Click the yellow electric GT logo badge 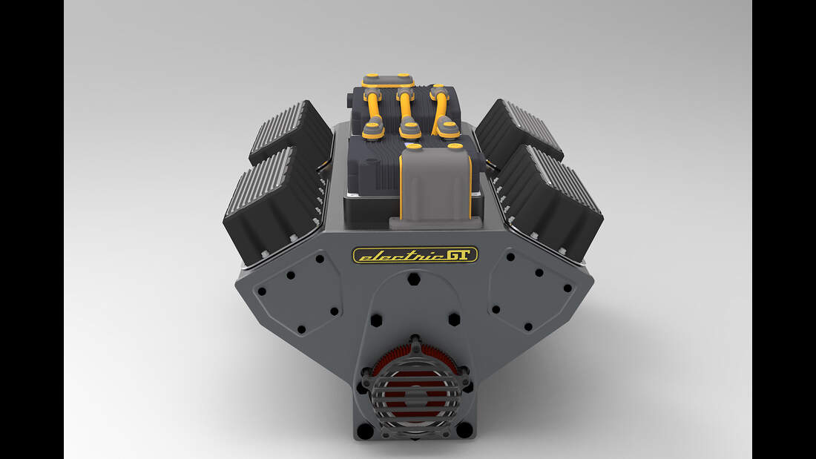click(x=415, y=255)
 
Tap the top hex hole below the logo click(x=415, y=280)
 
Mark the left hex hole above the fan click(x=376, y=320)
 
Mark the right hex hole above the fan click(x=454, y=320)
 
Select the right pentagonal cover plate click(x=533, y=289)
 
